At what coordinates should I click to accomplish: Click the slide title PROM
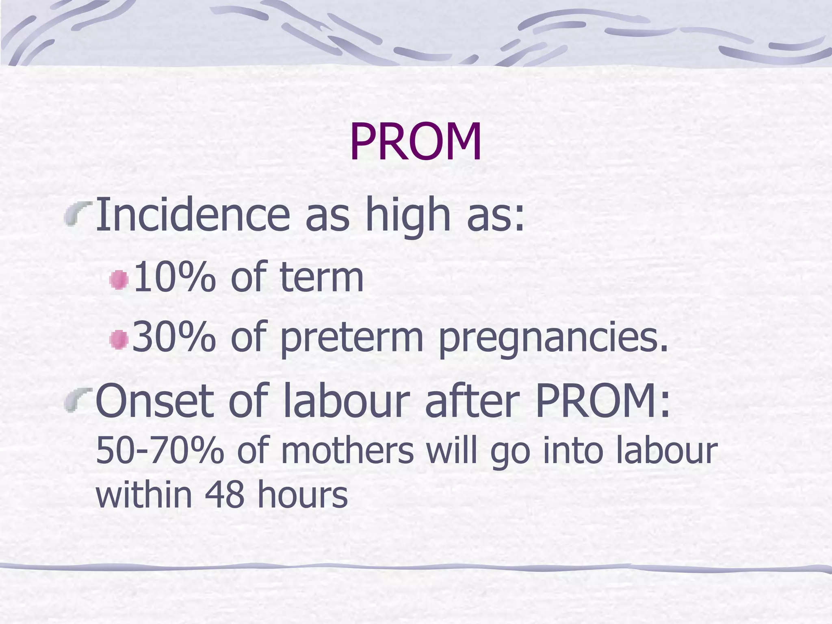(416, 142)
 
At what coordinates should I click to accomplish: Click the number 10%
(174, 278)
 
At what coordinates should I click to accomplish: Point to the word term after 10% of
(321, 278)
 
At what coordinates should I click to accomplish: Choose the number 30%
(174, 337)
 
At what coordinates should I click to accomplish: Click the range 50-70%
(160, 451)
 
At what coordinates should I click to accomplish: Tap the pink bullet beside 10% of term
(119, 280)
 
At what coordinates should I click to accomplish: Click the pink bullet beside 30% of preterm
(119, 339)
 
